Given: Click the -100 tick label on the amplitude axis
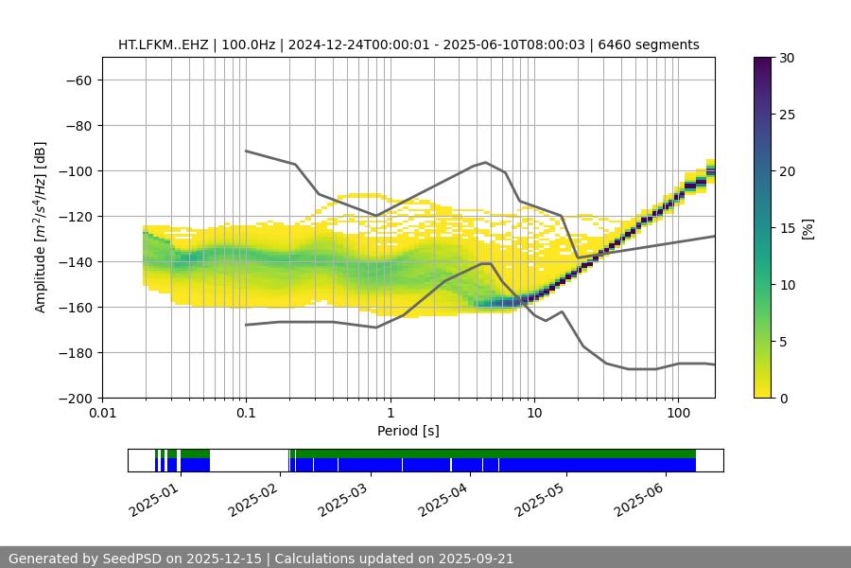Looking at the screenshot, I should tap(77, 171).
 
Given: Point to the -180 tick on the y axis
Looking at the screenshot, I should tap(77, 353).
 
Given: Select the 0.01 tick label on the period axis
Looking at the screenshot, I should tap(102, 415).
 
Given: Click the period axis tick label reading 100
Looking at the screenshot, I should tap(677, 415).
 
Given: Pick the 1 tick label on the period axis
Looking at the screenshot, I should tap(390, 415).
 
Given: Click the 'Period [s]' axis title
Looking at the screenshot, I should tap(408, 431).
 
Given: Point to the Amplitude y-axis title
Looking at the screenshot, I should tap(41, 227).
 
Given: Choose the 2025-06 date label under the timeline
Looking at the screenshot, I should tap(639, 499).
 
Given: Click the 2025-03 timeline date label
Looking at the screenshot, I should tap(346, 499).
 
